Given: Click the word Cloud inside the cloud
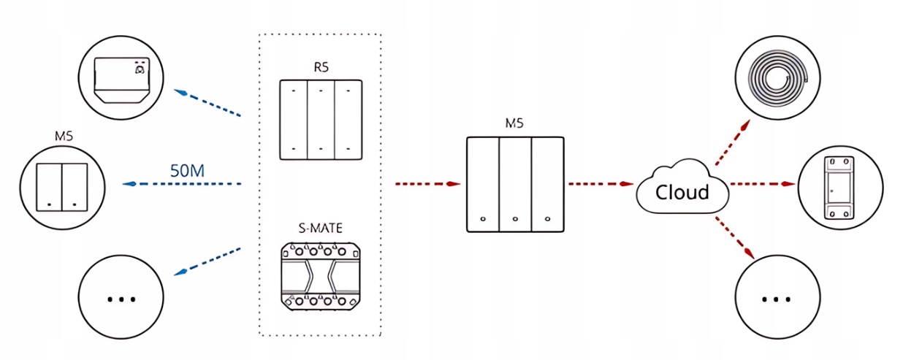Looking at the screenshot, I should pyautogui.click(x=682, y=192).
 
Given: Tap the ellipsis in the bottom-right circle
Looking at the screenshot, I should pyautogui.click(x=776, y=299).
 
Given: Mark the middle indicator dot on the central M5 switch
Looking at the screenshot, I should pyautogui.click(x=515, y=218).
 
